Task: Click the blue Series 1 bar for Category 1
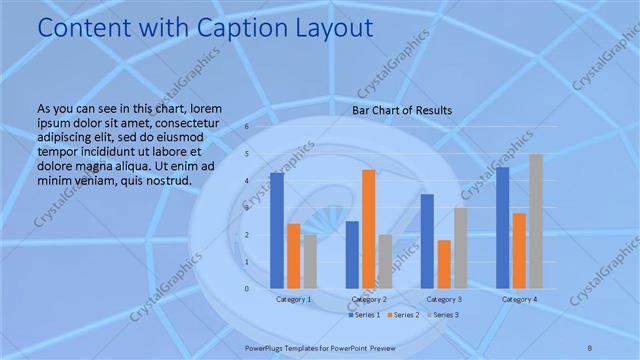pos(277,231)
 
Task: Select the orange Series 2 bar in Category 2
pos(368,229)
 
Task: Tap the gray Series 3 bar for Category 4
pos(536,221)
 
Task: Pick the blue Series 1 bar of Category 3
pos(427,241)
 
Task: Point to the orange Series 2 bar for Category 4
pos(519,251)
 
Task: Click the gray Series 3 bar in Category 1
pos(310,262)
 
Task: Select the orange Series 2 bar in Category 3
pos(443,264)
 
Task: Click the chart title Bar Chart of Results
pos(402,110)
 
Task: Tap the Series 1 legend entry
pos(364,315)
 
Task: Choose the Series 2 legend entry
pos(403,315)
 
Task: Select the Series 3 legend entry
pos(443,315)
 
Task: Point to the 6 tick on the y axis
pos(246,127)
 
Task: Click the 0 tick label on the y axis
pos(246,289)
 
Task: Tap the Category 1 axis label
pos(294,299)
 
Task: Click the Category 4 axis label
pos(519,299)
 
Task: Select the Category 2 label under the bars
pos(369,299)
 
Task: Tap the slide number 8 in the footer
pos(590,346)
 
